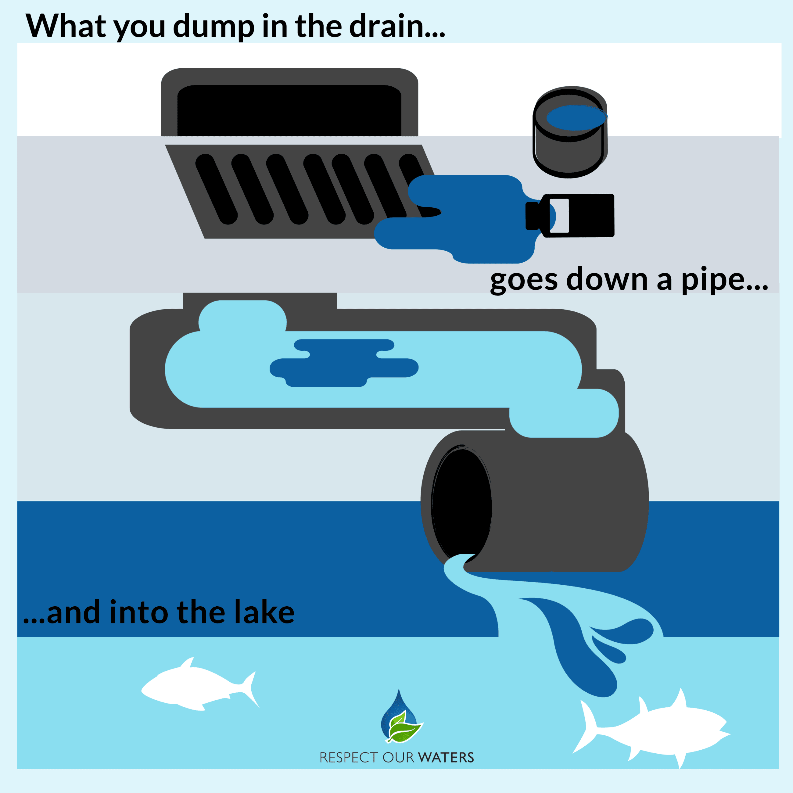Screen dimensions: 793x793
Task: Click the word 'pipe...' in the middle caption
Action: click(x=724, y=280)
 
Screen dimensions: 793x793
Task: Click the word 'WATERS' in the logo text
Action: click(x=447, y=757)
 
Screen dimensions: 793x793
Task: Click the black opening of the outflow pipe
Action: click(x=461, y=503)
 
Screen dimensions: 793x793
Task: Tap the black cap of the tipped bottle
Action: click(x=532, y=216)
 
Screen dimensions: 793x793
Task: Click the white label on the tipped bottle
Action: click(x=559, y=216)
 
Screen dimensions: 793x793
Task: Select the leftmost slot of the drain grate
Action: click(x=216, y=189)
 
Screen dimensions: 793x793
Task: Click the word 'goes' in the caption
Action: click(x=524, y=280)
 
